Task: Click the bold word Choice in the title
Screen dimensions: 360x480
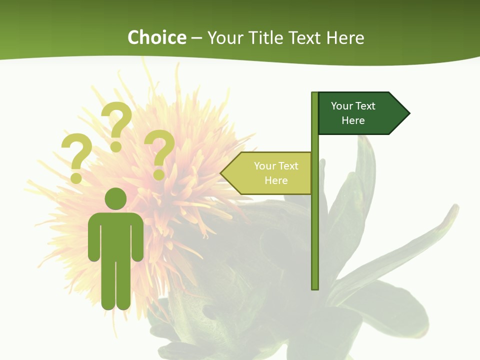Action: coord(156,37)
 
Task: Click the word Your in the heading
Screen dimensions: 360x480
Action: coord(224,37)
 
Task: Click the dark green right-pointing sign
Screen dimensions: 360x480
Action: coord(360,113)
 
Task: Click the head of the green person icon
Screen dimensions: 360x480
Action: coord(115,198)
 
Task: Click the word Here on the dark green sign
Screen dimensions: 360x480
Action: coord(353,120)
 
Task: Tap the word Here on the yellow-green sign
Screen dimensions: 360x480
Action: coord(276,180)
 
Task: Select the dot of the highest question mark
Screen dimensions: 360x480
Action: coord(116,146)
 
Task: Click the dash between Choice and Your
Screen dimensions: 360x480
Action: coord(196,38)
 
